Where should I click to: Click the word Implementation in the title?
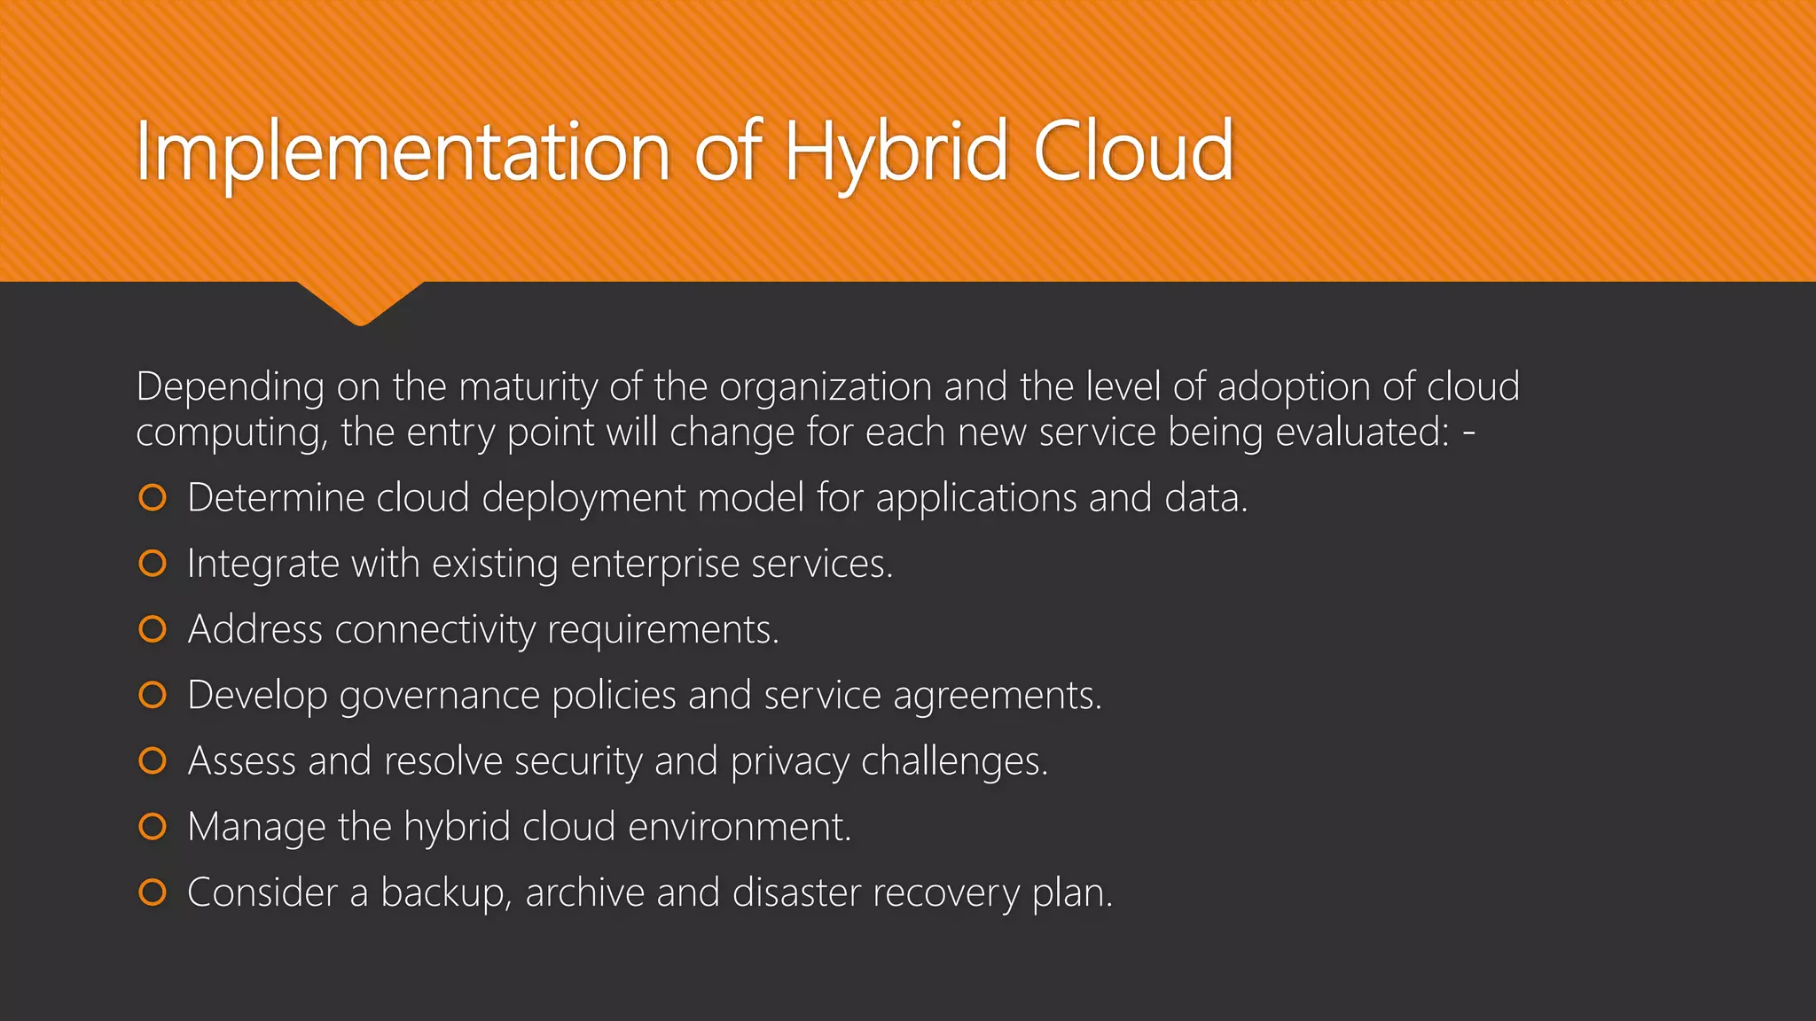click(x=403, y=152)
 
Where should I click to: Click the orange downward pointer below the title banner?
click(x=360, y=301)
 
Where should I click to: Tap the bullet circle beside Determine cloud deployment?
click(x=153, y=498)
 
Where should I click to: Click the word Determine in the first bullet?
click(x=275, y=498)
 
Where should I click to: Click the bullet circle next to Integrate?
click(x=153, y=564)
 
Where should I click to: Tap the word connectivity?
click(x=434, y=630)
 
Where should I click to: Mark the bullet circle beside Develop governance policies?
click(x=153, y=695)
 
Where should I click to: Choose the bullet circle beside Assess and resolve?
click(x=153, y=760)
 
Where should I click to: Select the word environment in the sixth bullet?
click(x=739, y=827)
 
